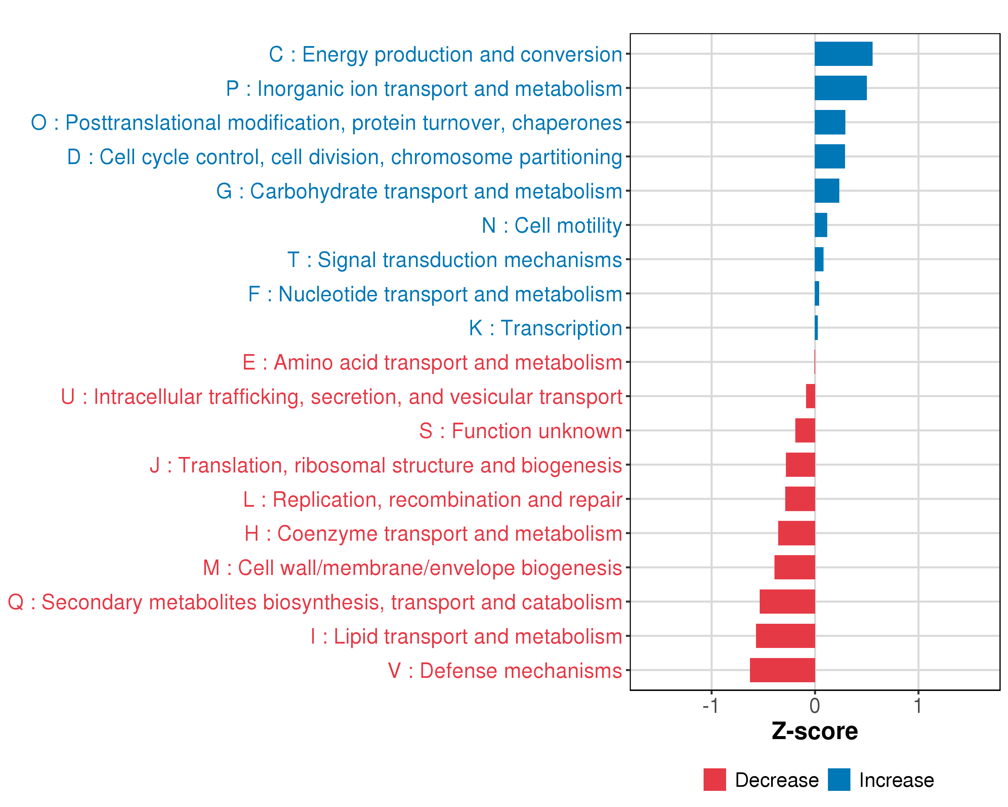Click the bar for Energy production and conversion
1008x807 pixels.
tap(843, 54)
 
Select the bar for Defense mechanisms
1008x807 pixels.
tap(782, 670)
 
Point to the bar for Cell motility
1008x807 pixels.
tap(821, 225)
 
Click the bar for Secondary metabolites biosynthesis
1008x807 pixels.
tap(787, 602)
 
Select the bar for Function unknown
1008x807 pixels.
tap(805, 430)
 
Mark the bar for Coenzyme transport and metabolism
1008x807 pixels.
tap(796, 533)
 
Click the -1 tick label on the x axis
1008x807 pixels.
tap(710, 705)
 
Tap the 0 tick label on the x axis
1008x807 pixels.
tap(814, 705)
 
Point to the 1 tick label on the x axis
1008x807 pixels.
tap(918, 705)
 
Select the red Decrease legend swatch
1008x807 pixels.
tap(714, 779)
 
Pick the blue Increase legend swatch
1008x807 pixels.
tap(839, 779)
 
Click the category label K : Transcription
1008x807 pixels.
tap(545, 328)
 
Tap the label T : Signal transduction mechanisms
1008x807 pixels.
tap(455, 260)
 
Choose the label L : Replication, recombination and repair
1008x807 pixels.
tap(432, 499)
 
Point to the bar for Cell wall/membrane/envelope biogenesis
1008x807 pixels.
tap(794, 568)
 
